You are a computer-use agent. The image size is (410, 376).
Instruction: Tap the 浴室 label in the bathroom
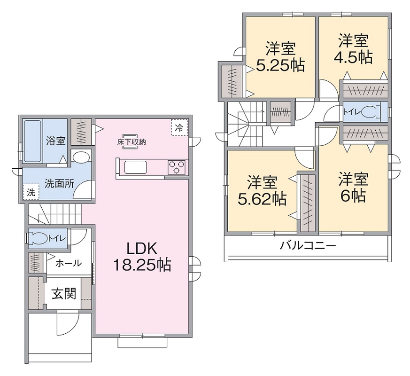pyautogui.click(x=55, y=140)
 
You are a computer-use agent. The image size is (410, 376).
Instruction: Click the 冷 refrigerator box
pyautogui.click(x=179, y=127)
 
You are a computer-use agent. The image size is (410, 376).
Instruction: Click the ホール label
pyautogui.click(x=69, y=264)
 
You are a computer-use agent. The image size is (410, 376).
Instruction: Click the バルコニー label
pyautogui.click(x=308, y=245)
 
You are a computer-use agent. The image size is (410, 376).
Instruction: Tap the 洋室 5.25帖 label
pyautogui.click(x=280, y=57)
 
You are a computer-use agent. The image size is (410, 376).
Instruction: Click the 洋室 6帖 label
pyautogui.click(x=354, y=187)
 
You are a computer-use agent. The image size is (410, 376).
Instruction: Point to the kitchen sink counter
pyautogui.click(x=135, y=167)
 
